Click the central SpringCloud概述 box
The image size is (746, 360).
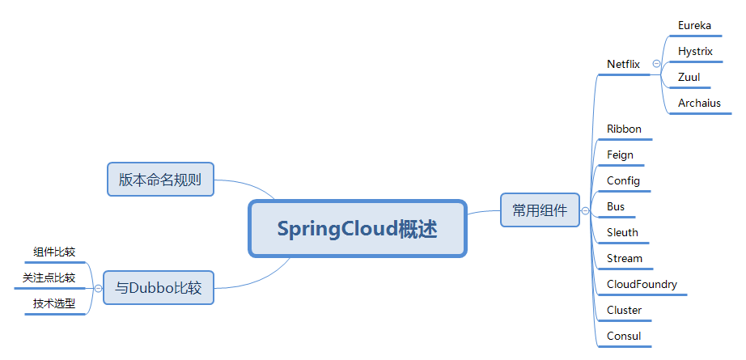click(x=358, y=229)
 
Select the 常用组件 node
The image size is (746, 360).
click(x=540, y=211)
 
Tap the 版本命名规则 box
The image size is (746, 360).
click(x=160, y=180)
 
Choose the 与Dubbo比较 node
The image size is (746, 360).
click(x=159, y=287)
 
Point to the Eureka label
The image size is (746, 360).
click(x=694, y=25)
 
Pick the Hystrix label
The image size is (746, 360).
click(x=695, y=51)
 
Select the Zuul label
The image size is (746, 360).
click(x=689, y=77)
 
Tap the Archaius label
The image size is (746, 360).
click(x=699, y=103)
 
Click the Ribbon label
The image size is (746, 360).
click(x=624, y=129)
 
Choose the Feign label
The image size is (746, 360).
click(x=620, y=155)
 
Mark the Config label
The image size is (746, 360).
click(x=623, y=180)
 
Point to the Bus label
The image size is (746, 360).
click(x=616, y=206)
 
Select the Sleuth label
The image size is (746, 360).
click(x=622, y=232)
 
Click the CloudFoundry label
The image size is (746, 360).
click(x=642, y=284)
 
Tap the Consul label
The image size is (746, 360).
click(x=624, y=336)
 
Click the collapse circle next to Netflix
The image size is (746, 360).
click(x=656, y=64)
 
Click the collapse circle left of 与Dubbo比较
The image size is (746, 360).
click(x=97, y=287)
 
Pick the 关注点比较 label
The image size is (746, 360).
click(x=49, y=277)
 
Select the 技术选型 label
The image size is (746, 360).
click(x=54, y=303)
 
